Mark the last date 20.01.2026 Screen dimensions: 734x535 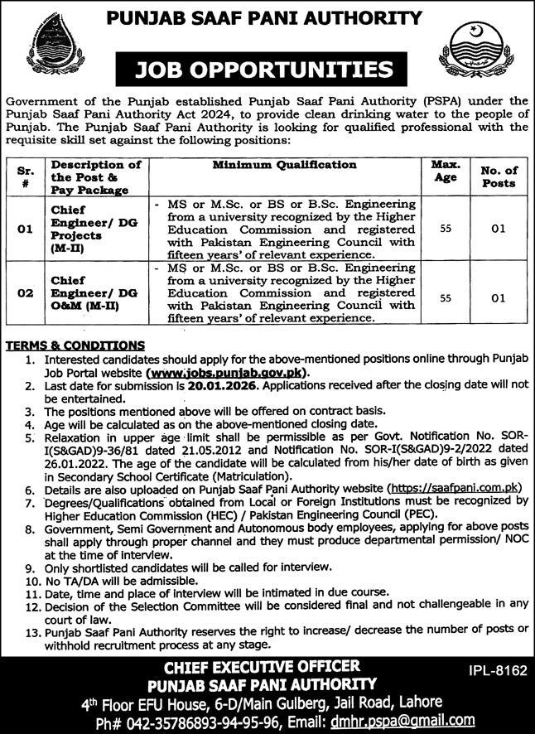pyautogui.click(x=211, y=386)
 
